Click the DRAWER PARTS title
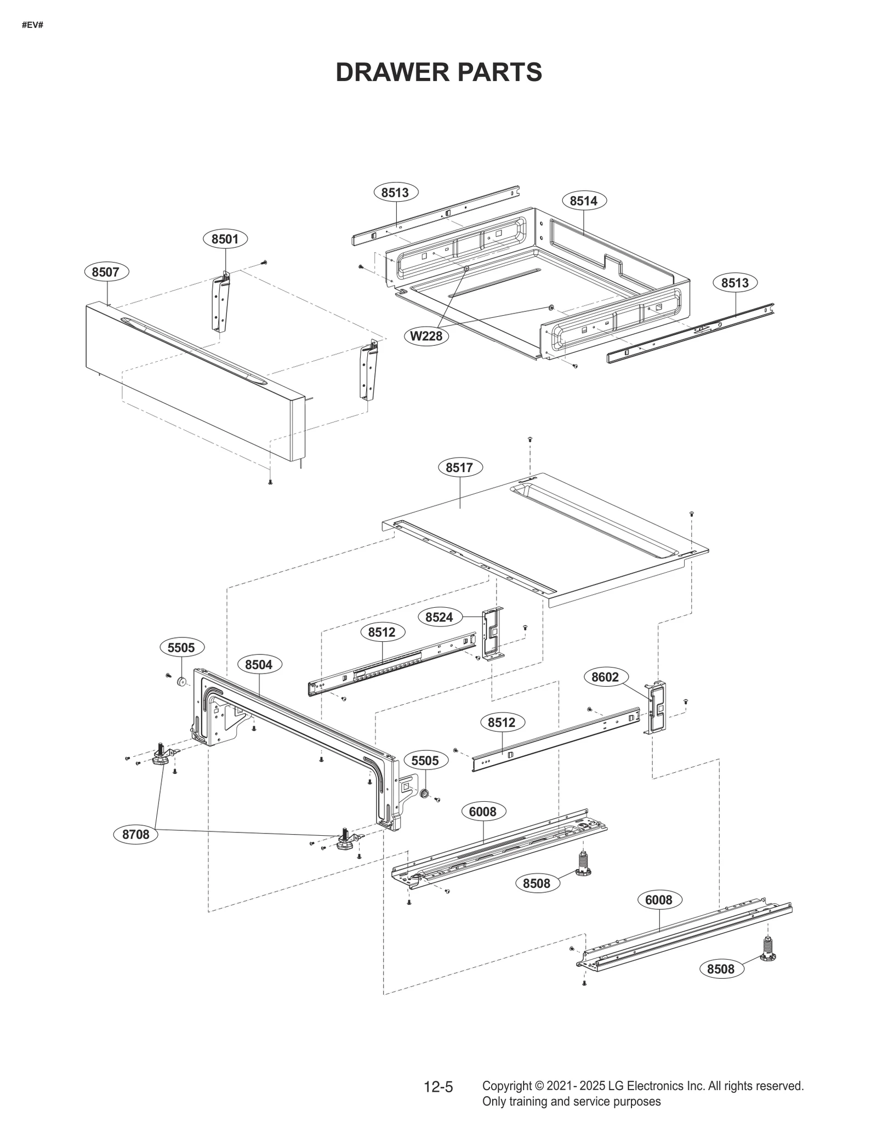tap(438, 72)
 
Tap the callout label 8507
tap(106, 272)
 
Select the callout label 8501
tap(225, 239)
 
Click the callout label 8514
tap(583, 201)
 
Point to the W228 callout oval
tap(426, 336)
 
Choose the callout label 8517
tap(459, 467)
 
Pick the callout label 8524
tap(440, 617)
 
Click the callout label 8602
tap(605, 677)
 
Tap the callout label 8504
tap(259, 665)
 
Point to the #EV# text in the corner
tap(32, 25)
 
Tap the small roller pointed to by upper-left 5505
tap(181, 682)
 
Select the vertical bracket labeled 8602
tap(657, 707)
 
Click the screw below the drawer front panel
tap(270, 482)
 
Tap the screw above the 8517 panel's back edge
tap(530, 440)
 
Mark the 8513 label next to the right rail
tap(734, 283)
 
